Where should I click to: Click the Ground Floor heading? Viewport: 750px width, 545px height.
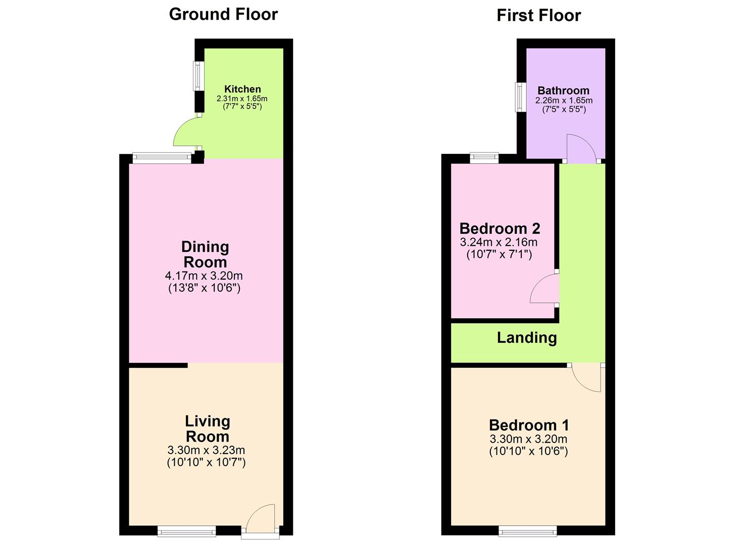223,14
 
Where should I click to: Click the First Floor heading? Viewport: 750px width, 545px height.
538,15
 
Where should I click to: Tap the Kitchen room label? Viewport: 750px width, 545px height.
242,89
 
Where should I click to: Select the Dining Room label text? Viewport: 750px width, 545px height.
205,254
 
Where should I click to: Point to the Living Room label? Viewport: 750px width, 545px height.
207,428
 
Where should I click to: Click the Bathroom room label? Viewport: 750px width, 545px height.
563,91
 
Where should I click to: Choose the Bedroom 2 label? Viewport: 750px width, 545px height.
499,229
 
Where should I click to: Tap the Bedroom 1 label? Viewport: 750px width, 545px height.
529,425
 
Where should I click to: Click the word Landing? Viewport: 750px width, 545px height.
527,338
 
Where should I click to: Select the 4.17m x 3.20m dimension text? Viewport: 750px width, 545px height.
204,276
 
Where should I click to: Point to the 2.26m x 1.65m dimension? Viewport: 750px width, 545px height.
564,100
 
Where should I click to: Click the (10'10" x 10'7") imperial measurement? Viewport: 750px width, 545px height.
206,462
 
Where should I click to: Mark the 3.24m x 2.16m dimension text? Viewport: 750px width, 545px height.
498,242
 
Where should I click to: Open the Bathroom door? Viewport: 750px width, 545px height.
581,148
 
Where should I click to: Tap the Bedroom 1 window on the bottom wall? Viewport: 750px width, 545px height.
527,530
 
